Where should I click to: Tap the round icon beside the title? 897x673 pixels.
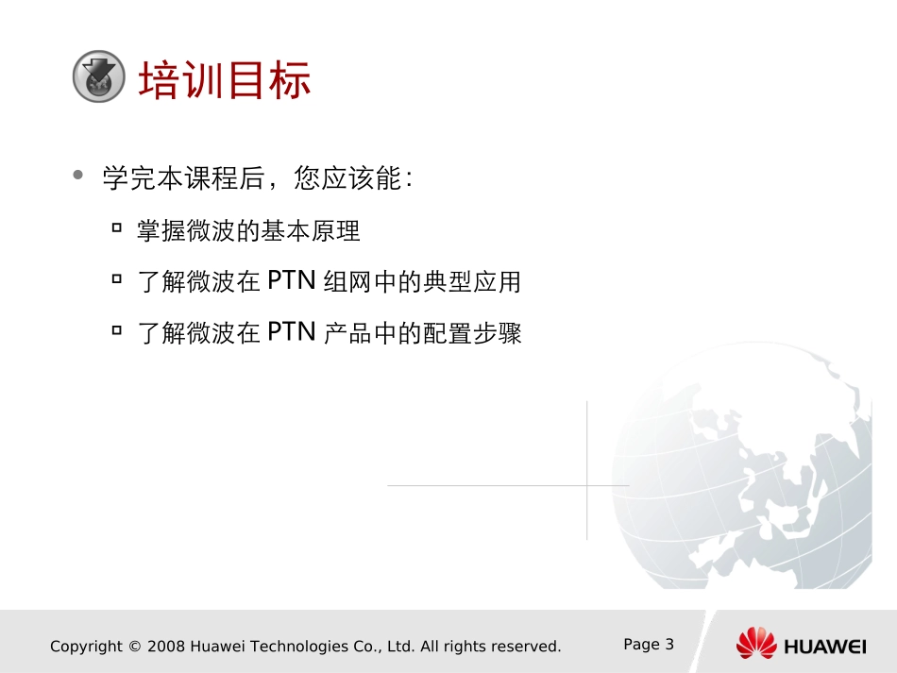point(98,76)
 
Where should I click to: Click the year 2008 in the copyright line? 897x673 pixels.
point(167,647)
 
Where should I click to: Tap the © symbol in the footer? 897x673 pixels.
point(134,647)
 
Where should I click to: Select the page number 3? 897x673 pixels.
point(669,645)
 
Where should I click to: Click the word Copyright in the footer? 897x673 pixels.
point(86,647)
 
